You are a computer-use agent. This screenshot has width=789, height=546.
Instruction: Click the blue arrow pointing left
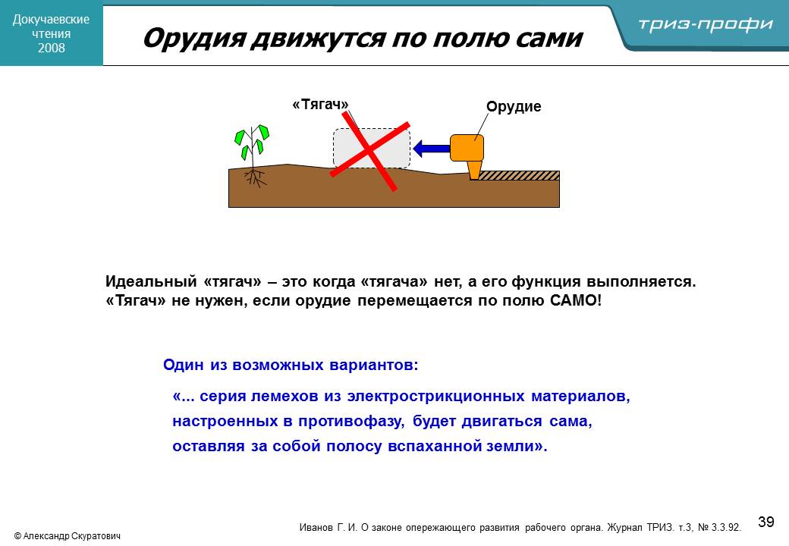click(x=431, y=149)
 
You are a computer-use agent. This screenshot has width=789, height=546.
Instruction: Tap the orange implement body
click(x=467, y=148)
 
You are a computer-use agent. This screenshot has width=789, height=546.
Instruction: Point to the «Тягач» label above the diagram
click(x=320, y=105)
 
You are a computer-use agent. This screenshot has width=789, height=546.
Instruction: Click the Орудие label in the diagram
click(x=514, y=107)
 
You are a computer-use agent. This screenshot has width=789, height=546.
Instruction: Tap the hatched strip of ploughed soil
click(x=518, y=175)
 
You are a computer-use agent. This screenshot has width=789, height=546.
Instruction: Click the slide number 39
click(x=765, y=522)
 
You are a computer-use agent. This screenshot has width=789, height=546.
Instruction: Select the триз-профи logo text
click(x=706, y=24)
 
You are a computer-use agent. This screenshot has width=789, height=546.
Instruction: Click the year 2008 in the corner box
click(x=52, y=48)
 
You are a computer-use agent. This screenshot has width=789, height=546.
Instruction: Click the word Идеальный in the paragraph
click(x=151, y=281)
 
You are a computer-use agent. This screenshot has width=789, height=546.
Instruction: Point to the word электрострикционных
click(x=435, y=396)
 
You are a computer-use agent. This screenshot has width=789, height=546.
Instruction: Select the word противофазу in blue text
click(x=351, y=422)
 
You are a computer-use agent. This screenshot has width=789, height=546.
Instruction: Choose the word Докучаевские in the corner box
click(x=51, y=19)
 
